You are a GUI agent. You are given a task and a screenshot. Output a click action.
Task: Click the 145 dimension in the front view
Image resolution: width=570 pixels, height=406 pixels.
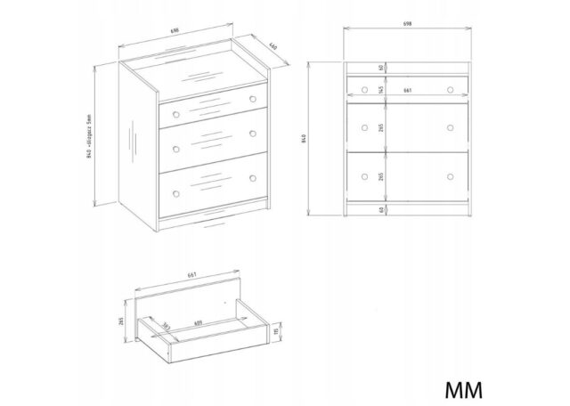click(x=380, y=88)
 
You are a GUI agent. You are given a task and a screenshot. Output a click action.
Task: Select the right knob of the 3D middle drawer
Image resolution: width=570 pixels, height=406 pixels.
click(x=252, y=134)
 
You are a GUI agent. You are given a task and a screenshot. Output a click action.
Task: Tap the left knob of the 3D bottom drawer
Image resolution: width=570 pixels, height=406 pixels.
click(x=176, y=192)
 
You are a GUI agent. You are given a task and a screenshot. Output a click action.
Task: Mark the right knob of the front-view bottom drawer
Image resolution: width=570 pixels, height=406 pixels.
click(x=461, y=177)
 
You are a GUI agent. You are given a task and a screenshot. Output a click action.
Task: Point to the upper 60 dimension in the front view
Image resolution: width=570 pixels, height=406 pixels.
click(x=380, y=68)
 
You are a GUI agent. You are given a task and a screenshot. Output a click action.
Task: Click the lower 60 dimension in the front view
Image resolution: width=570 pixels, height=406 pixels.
click(x=380, y=210)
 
